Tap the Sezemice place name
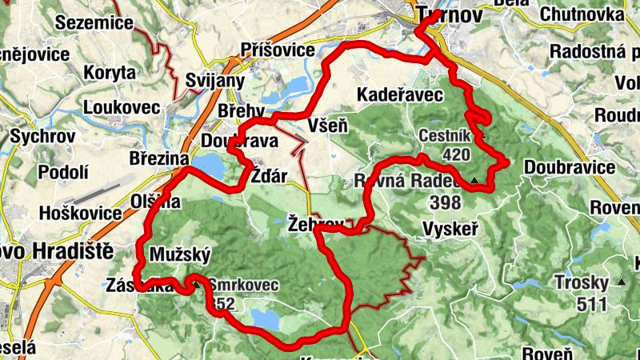[x=94, y=22]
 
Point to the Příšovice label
[x=278, y=50]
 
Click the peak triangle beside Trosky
[x=622, y=282]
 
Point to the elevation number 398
[x=446, y=202]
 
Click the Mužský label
[x=180, y=255]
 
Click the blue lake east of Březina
[x=207, y=165]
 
